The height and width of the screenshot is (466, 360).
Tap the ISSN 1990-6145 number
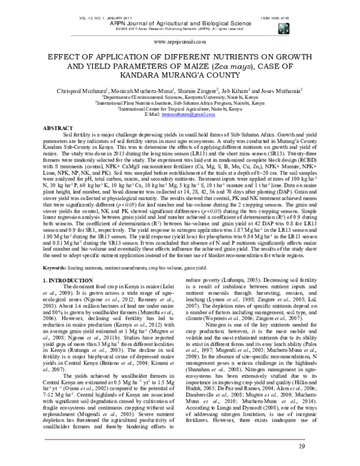pyautogui.click(x=275, y=4)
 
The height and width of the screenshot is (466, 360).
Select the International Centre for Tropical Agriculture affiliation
pyautogui.click(x=180, y=109)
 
